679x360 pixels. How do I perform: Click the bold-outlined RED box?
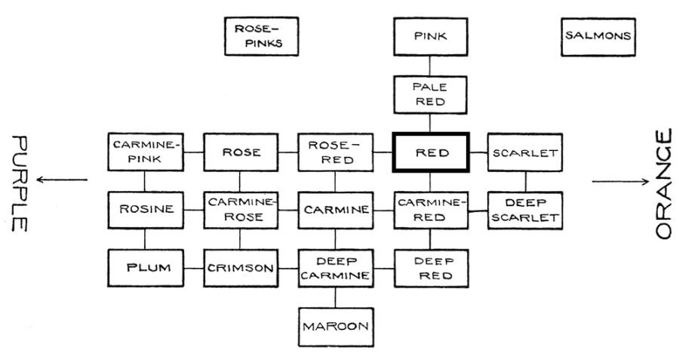click(x=431, y=152)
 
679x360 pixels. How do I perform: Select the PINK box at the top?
click(x=431, y=35)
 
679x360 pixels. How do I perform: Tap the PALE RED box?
click(x=431, y=94)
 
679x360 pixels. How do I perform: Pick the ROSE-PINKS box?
click(x=262, y=36)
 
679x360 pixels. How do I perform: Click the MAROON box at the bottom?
click(x=336, y=326)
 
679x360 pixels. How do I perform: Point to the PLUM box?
click(x=145, y=267)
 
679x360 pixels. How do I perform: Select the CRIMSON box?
click(x=241, y=267)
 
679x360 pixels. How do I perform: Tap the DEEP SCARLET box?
click(x=526, y=210)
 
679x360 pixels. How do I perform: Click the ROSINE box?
click(x=145, y=210)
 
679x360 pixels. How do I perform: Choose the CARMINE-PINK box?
click(x=145, y=152)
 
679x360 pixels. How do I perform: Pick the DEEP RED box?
click(x=431, y=267)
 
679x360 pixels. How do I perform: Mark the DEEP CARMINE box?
click(x=336, y=267)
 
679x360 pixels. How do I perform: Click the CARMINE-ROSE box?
click(x=241, y=210)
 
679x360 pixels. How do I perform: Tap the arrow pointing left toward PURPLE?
click(x=64, y=180)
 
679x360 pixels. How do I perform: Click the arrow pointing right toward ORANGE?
click(x=620, y=181)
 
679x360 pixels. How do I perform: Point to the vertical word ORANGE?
click(x=662, y=184)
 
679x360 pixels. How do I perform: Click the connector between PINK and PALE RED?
click(x=431, y=66)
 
